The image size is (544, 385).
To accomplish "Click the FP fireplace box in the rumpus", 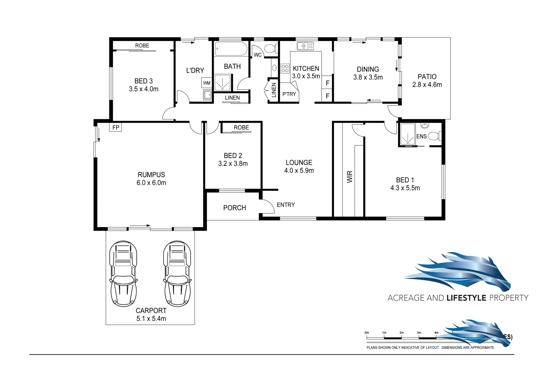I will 115,127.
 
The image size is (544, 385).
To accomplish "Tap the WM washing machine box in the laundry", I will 207,83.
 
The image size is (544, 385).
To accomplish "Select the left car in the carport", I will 123,273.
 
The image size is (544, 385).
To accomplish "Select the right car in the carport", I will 177,273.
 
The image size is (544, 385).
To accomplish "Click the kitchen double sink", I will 305,46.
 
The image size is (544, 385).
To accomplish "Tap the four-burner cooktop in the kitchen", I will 285,68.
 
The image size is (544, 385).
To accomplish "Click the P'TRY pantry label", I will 289,94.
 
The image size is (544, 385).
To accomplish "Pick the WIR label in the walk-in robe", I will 349,177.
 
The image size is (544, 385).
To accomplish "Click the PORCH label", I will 234,208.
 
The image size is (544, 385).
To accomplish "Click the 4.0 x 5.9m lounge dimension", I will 299,171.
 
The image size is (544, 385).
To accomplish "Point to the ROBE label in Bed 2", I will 241,127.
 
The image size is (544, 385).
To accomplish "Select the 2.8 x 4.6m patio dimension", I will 427,85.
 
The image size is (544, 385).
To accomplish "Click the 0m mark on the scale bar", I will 367,333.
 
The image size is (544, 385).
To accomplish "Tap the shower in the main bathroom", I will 222,82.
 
